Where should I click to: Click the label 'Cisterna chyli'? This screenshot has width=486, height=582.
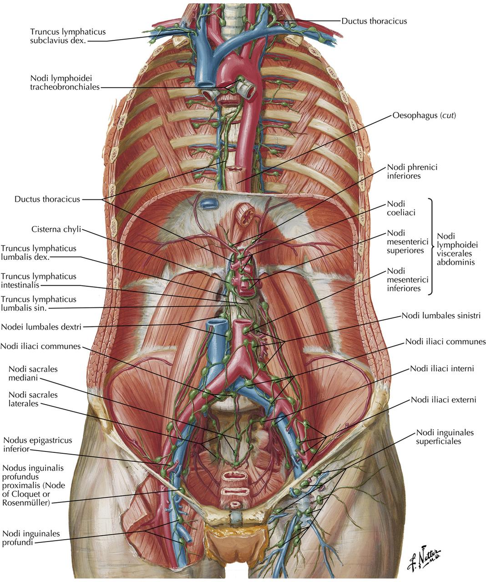point(56,229)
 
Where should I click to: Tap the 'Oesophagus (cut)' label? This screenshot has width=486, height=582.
point(424,116)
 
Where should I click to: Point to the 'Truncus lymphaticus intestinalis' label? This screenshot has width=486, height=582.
point(38,281)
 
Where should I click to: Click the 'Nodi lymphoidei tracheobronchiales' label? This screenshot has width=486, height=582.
point(65,83)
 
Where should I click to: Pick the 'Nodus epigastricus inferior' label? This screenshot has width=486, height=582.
point(37,445)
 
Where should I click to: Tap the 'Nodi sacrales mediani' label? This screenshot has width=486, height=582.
point(33,373)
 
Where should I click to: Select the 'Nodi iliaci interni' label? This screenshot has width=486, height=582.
point(442,368)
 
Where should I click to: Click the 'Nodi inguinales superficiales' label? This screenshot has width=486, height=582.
point(445,436)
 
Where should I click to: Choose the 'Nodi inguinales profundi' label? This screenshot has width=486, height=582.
point(31,537)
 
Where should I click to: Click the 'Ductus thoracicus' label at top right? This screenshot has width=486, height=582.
point(374,21)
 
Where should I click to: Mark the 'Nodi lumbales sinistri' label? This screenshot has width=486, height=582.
point(441,316)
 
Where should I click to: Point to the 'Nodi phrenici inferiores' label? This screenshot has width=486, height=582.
point(412,171)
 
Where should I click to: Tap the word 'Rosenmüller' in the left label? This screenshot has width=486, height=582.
point(25,502)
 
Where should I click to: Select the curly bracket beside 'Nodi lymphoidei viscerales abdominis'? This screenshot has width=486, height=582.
point(431,246)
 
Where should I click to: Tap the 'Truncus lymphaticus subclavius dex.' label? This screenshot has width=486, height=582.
point(67,36)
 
